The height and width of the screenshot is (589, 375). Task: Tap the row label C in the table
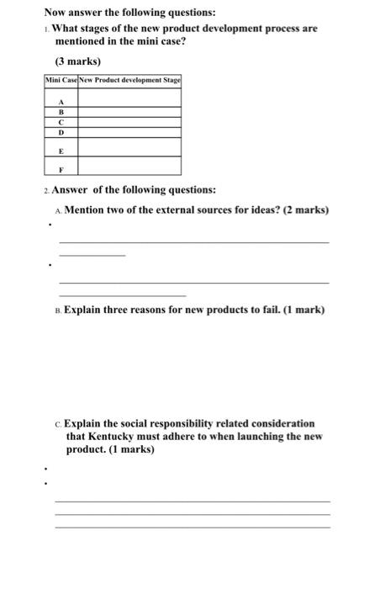click(x=60, y=121)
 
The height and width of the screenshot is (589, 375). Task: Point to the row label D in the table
click(x=60, y=132)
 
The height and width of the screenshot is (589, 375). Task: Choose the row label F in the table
click(x=60, y=168)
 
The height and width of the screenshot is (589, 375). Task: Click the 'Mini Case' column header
click(x=61, y=79)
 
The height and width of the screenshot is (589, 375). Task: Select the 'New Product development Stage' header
click(x=129, y=79)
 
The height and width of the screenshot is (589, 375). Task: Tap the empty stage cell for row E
click(x=129, y=148)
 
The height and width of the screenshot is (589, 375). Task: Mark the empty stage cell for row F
click(x=129, y=168)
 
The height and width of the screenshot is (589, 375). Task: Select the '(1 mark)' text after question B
click(x=300, y=310)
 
